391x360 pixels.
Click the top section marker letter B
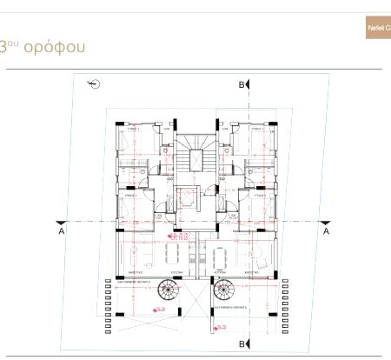(x=241, y=84)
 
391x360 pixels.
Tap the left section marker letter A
(x=61, y=232)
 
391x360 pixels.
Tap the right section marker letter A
(x=326, y=232)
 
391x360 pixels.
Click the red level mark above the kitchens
(x=179, y=235)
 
